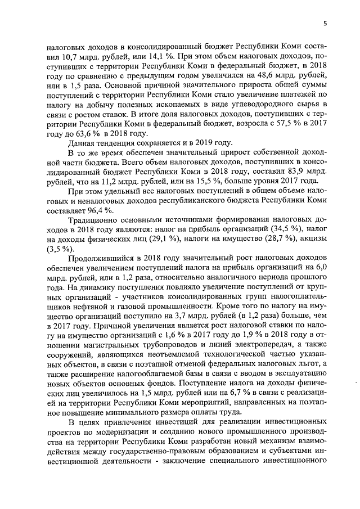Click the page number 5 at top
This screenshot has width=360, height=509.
tap(326, 23)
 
